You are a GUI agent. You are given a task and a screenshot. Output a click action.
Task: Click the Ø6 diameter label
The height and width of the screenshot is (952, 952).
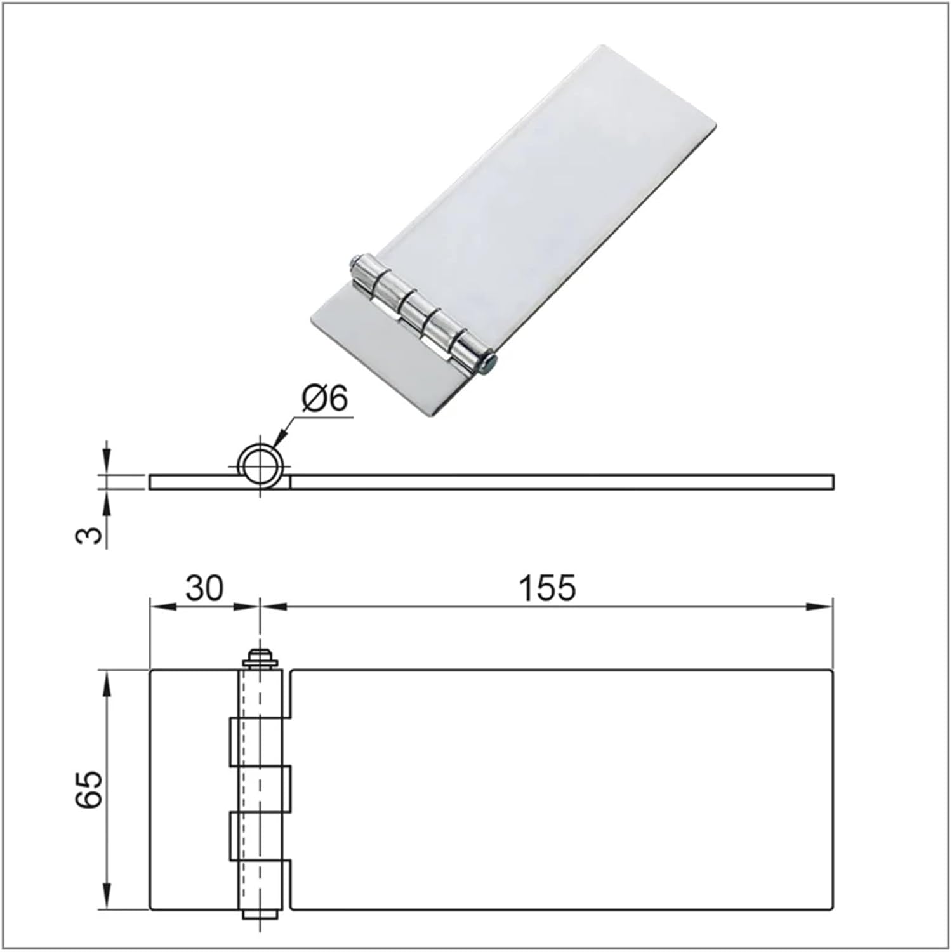[326, 400]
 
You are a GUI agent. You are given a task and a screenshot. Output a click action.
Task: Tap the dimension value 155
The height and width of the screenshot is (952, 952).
[547, 588]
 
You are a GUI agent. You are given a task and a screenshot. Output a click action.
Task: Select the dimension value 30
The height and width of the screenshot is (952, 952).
[204, 588]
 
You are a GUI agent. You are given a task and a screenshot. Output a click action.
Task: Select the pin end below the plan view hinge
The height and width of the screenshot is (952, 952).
[260, 915]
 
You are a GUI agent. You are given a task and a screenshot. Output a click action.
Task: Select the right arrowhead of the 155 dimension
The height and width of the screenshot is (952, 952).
[821, 607]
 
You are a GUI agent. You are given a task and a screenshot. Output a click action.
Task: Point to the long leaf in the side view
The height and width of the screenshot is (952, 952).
[562, 482]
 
